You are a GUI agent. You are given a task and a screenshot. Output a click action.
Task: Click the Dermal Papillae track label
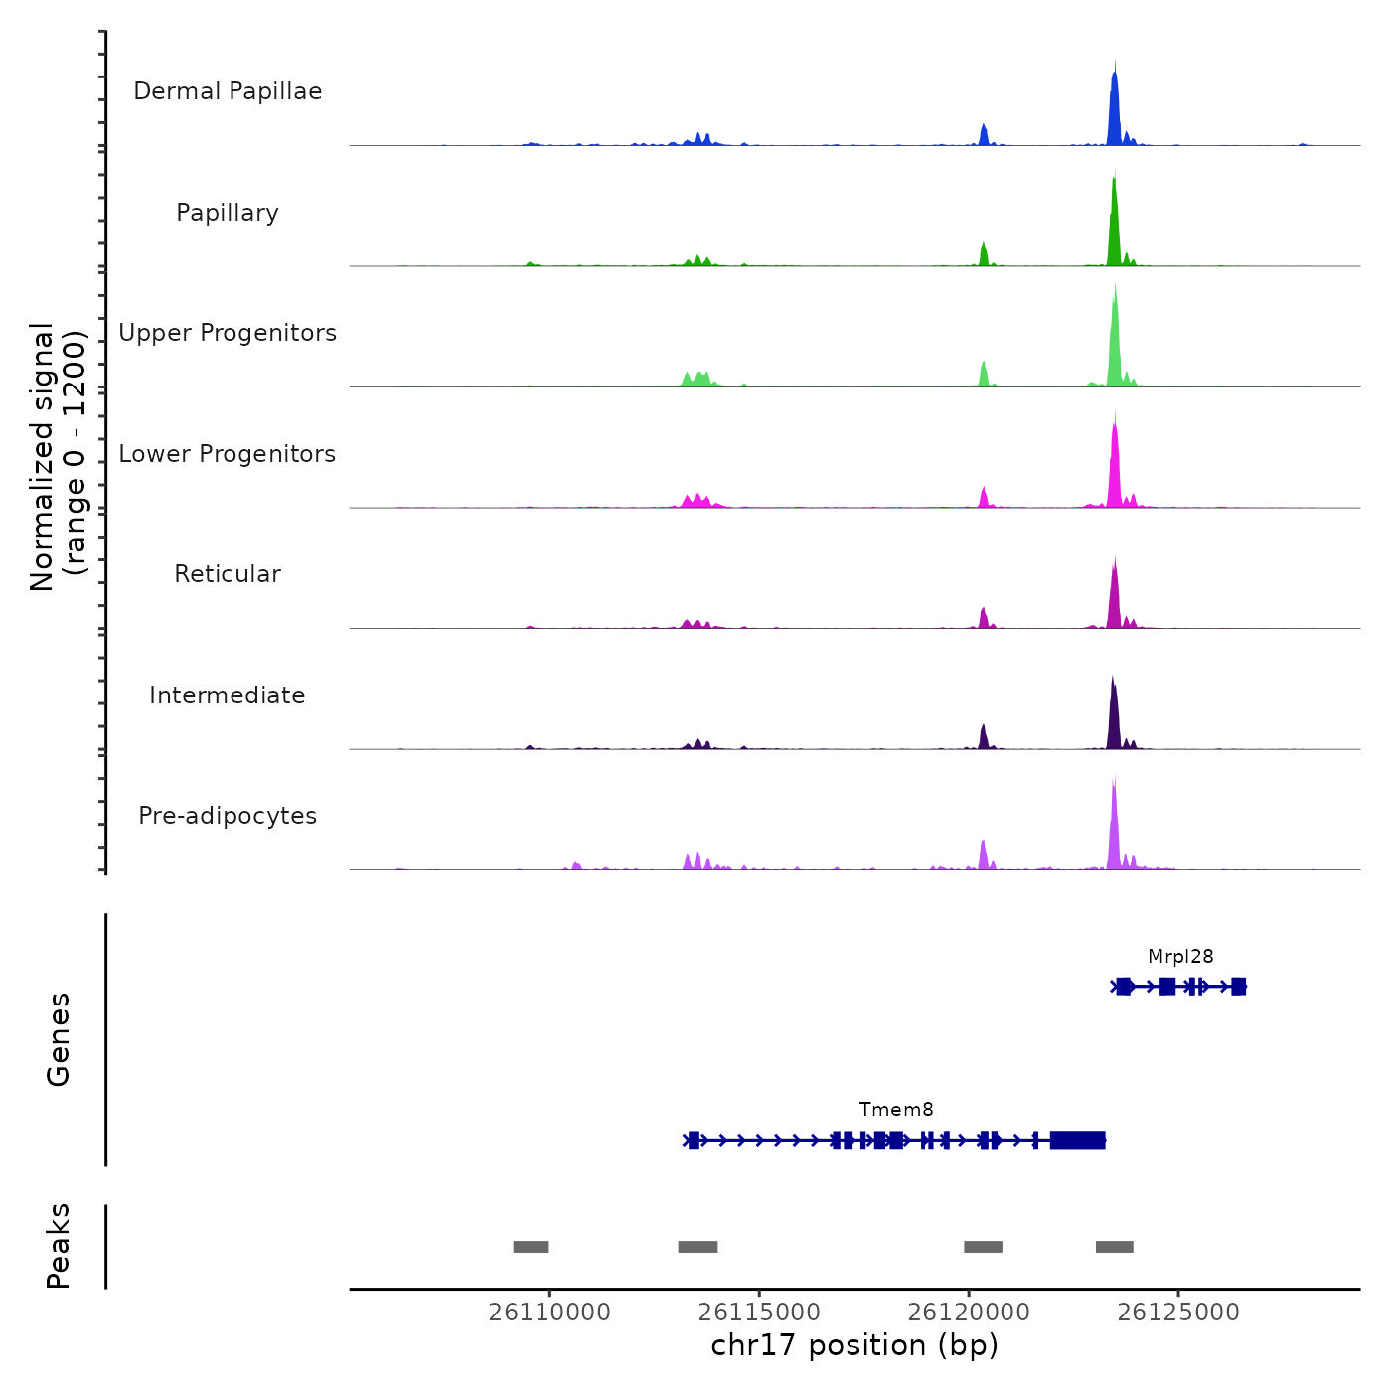coord(228,91)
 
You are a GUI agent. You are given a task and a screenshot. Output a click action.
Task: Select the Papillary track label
coord(228,213)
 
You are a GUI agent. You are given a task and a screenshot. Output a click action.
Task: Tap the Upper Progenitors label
coord(228,333)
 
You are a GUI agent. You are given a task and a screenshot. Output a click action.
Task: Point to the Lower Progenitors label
coord(228,454)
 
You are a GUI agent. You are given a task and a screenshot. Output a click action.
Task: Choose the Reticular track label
coord(228,574)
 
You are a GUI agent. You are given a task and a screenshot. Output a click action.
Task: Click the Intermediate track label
coord(228,695)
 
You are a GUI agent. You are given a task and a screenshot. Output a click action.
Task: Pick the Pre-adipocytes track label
coord(228,816)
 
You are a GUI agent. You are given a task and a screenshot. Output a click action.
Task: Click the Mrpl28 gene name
coord(1180,957)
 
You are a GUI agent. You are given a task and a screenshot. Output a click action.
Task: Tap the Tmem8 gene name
coord(896,1110)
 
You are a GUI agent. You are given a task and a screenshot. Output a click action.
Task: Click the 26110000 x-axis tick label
coord(549,1313)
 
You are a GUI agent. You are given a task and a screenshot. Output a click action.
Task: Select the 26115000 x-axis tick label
coord(759,1313)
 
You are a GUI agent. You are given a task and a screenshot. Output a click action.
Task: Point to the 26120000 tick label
coord(969,1313)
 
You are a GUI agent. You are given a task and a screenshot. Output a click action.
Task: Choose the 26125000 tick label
coord(1178,1313)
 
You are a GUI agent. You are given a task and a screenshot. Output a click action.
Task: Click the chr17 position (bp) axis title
coord(854,1345)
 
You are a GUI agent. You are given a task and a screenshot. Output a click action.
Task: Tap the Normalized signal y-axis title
coord(58,456)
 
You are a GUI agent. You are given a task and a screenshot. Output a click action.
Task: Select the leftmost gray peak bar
coord(531,1247)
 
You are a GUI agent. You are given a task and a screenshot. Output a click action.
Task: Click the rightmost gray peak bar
coord(1114,1247)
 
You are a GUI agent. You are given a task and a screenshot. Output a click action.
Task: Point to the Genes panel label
coord(59,1039)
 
